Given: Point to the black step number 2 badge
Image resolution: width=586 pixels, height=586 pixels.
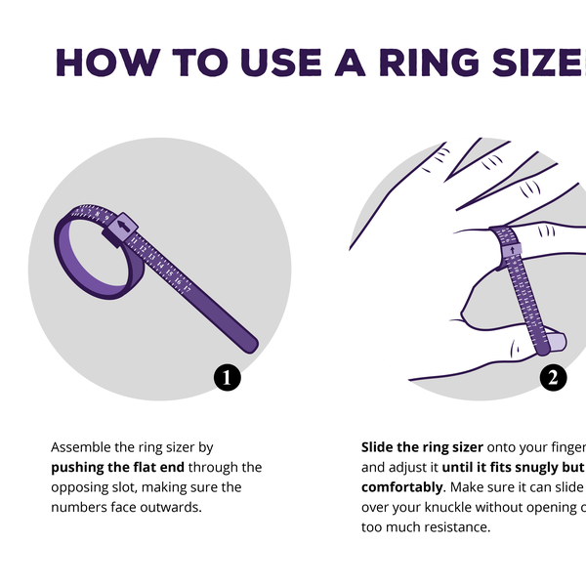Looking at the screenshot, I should pyautogui.click(x=552, y=378).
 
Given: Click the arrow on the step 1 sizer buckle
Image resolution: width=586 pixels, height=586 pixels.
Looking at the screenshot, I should pyautogui.click(x=123, y=228).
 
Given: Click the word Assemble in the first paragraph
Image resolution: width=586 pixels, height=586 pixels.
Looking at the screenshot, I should pyautogui.click(x=82, y=447).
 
